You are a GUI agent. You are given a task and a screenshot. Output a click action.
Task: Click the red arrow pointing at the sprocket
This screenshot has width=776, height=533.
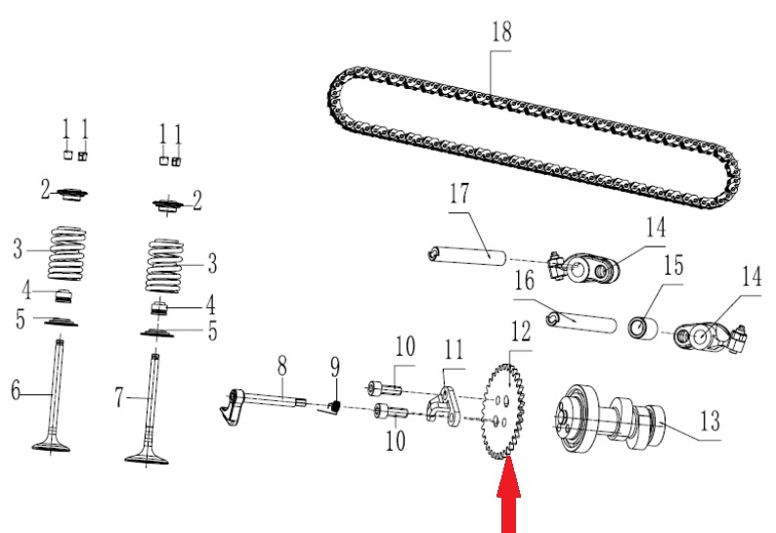(509, 496)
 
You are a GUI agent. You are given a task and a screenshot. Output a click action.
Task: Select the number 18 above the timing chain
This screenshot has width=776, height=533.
(501, 31)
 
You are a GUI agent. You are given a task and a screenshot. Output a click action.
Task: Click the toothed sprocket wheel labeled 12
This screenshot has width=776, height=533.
(502, 412)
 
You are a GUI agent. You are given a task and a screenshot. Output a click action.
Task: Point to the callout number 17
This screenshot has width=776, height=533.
(458, 194)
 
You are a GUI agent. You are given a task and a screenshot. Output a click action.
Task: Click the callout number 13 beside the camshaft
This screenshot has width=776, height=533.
(710, 422)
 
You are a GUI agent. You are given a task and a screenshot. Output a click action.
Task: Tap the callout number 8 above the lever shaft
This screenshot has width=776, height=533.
(281, 367)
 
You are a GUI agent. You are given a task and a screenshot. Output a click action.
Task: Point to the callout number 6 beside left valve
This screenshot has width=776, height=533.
(16, 390)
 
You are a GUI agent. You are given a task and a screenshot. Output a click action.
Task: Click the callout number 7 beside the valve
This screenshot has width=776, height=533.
(119, 398)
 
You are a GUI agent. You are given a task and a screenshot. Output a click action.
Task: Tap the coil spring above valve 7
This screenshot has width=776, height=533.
(165, 265)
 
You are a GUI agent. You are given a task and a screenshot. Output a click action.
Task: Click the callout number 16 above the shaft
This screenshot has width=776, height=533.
(524, 281)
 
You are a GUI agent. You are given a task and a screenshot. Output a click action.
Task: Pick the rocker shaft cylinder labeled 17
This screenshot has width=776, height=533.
(467, 255)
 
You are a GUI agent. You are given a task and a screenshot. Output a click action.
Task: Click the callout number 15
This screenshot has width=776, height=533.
(673, 265)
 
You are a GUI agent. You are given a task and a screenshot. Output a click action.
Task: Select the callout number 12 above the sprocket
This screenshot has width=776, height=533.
(521, 332)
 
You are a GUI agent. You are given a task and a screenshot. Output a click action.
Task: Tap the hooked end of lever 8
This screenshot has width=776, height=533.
(230, 408)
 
